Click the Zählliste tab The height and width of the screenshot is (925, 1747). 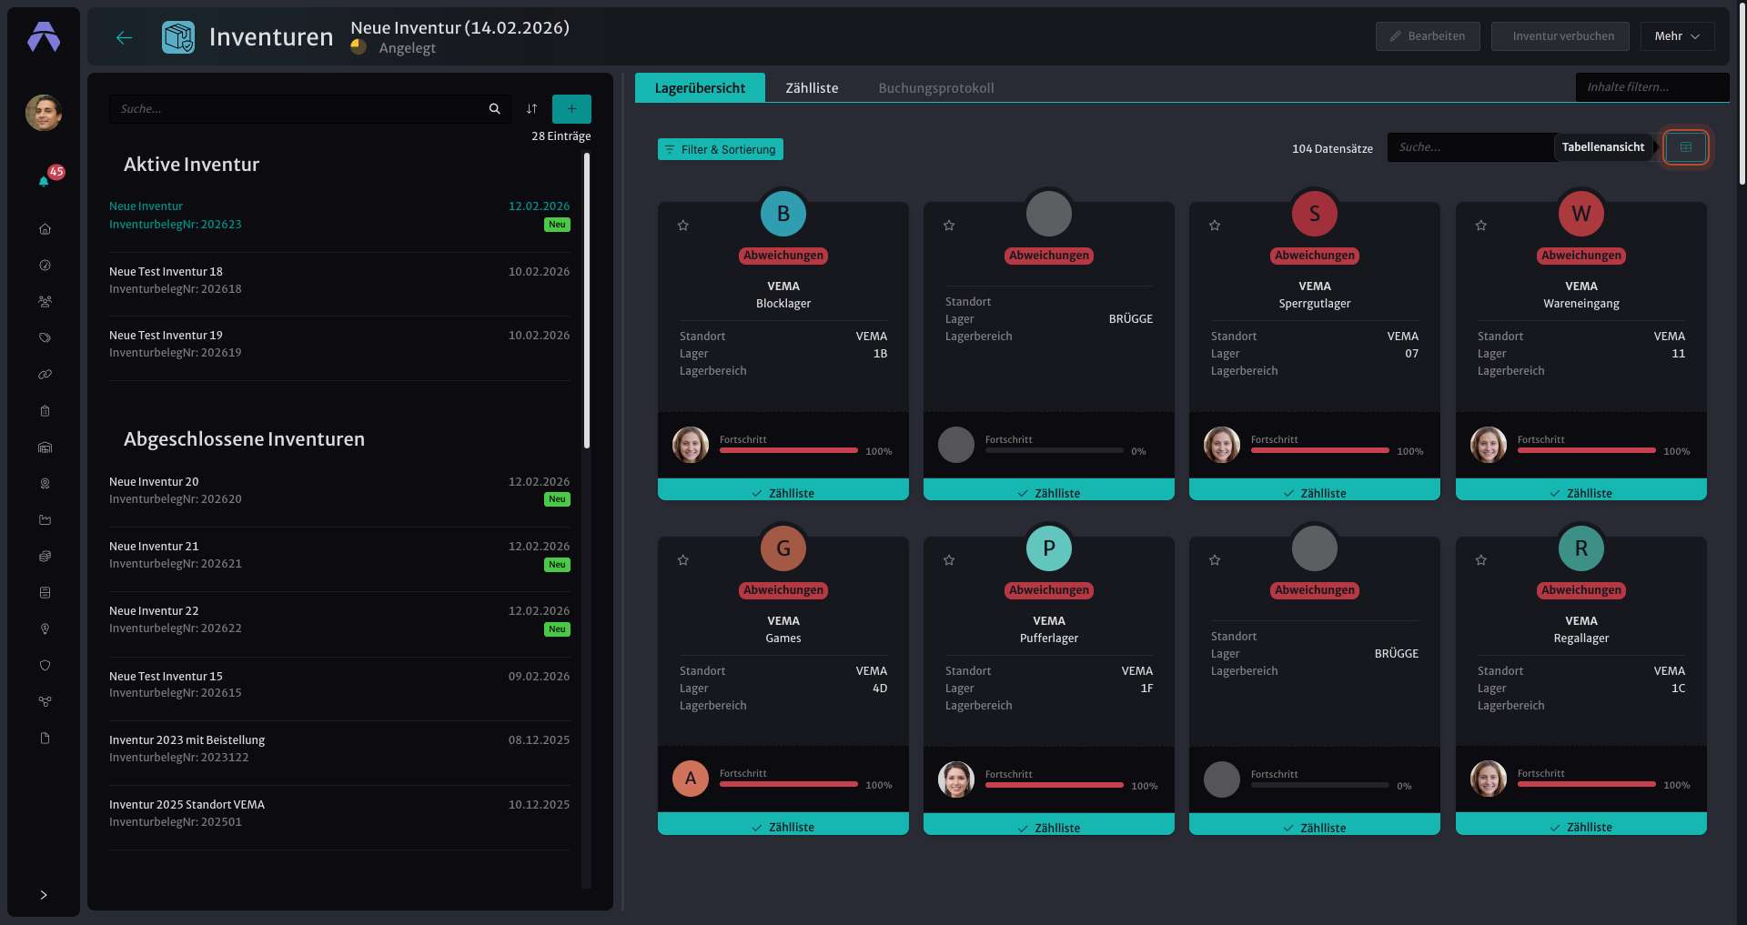(x=812, y=88)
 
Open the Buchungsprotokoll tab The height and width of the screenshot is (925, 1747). (x=935, y=88)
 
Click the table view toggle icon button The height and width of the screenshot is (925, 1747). (x=1686, y=147)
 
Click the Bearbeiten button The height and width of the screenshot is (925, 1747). (x=1428, y=36)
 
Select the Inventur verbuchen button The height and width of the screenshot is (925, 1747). (x=1560, y=36)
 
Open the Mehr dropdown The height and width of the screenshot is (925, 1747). (x=1677, y=36)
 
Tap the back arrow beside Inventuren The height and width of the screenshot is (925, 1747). (x=125, y=37)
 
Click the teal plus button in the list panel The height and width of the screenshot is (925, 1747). (x=571, y=109)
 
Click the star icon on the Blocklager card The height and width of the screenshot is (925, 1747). (x=683, y=226)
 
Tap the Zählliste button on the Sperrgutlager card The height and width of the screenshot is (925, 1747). (x=1315, y=492)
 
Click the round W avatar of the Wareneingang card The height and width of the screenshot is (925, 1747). (x=1581, y=214)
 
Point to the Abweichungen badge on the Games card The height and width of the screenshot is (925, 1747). (x=783, y=590)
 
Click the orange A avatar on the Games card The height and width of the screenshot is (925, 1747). (x=691, y=779)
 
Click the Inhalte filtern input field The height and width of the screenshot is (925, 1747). (x=1652, y=87)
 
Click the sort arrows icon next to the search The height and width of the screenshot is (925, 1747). (x=531, y=109)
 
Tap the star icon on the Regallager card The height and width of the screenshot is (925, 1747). (x=1481, y=560)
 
